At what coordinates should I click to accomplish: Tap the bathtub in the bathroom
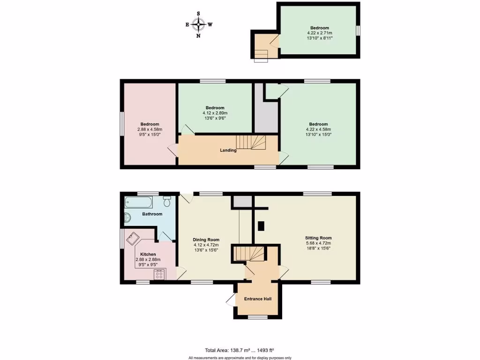tap(138, 203)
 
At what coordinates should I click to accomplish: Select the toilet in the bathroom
tap(167, 202)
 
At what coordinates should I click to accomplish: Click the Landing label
tap(228, 150)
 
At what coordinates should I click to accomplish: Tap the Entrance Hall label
tap(257, 299)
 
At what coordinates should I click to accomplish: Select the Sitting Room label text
tap(318, 238)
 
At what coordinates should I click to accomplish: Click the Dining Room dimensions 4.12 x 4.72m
tap(206, 245)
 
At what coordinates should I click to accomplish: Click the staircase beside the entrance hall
tap(249, 254)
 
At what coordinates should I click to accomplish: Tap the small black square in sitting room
tap(261, 225)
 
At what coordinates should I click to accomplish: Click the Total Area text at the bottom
tap(239, 350)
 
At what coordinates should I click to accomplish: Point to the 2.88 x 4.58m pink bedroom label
tap(150, 129)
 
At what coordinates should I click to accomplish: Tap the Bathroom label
tap(152, 214)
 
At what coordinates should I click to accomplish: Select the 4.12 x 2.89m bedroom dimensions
tap(215, 113)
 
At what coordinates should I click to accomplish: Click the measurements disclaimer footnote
tap(240, 357)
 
